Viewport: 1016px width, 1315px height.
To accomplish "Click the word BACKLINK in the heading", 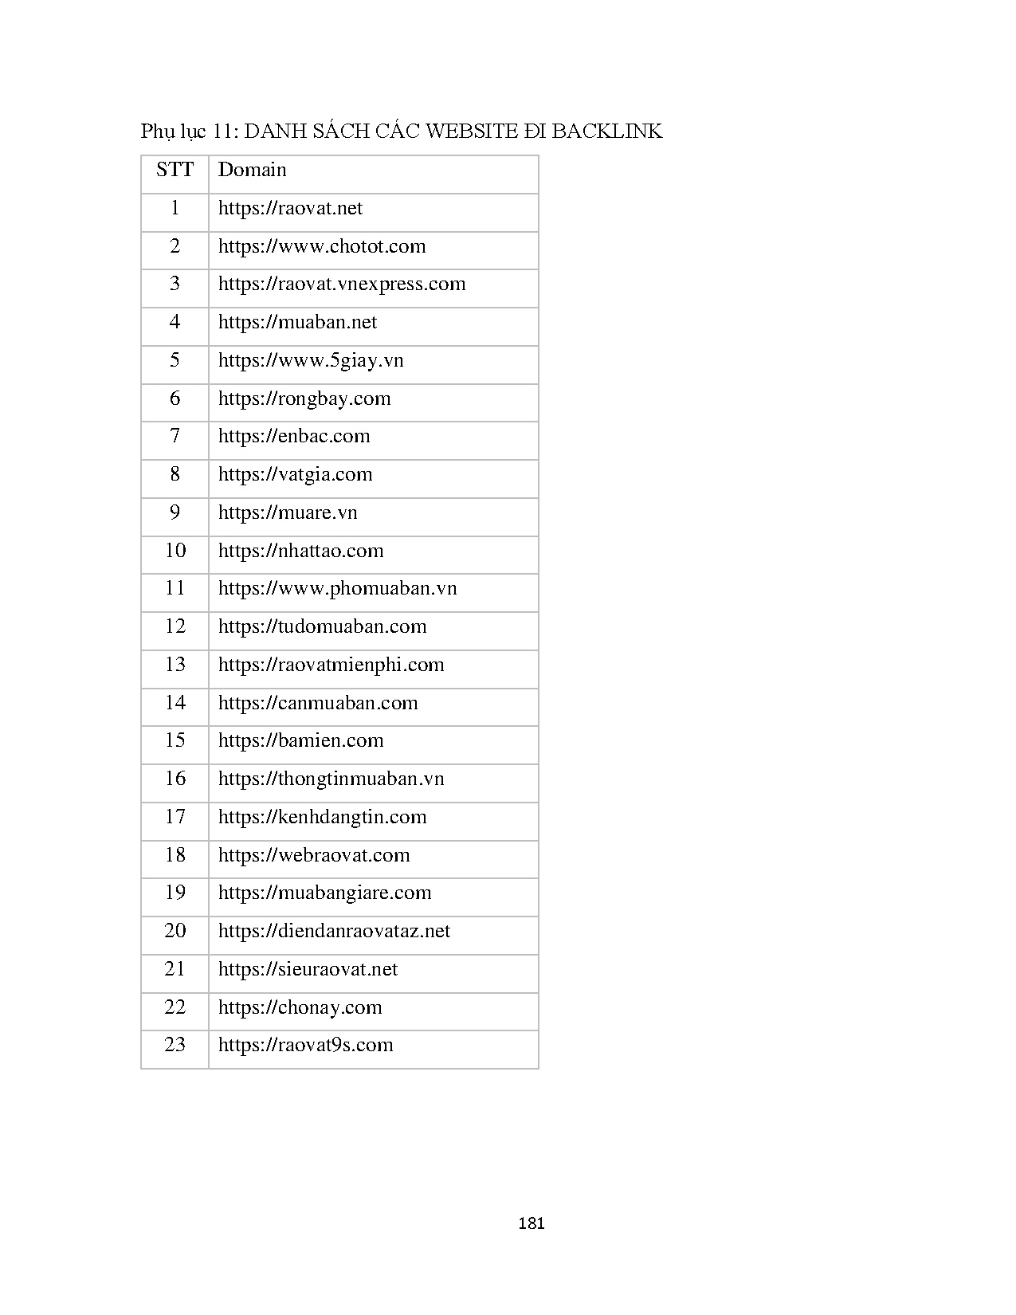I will [606, 131].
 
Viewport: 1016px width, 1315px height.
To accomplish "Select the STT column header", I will [175, 170].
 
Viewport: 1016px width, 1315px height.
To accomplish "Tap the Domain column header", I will [252, 170].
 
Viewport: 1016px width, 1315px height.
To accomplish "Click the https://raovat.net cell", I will [290, 208].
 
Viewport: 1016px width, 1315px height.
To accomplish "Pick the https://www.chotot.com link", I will [322, 246].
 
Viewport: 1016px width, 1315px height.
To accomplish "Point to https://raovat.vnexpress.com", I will [342, 285].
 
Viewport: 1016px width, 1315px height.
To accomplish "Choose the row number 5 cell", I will [175, 360].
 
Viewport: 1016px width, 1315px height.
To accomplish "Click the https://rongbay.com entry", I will [304, 398].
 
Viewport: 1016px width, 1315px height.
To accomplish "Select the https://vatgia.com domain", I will [295, 475].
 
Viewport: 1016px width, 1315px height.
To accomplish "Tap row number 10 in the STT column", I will [175, 551].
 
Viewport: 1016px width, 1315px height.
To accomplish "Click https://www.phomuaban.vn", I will [337, 589].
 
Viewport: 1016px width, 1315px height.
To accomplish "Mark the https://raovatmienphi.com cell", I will [331, 665].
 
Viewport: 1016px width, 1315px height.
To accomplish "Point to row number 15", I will [175, 740].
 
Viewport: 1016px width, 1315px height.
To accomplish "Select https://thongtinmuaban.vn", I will [331, 779].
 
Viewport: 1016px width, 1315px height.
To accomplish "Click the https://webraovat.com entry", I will [314, 855].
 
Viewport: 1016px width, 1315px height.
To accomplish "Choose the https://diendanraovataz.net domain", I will [334, 932].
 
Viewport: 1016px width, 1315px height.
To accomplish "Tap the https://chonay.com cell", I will [300, 1007].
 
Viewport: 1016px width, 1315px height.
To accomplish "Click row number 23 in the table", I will [175, 1045].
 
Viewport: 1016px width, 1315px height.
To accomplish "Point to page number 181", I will [531, 1223].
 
